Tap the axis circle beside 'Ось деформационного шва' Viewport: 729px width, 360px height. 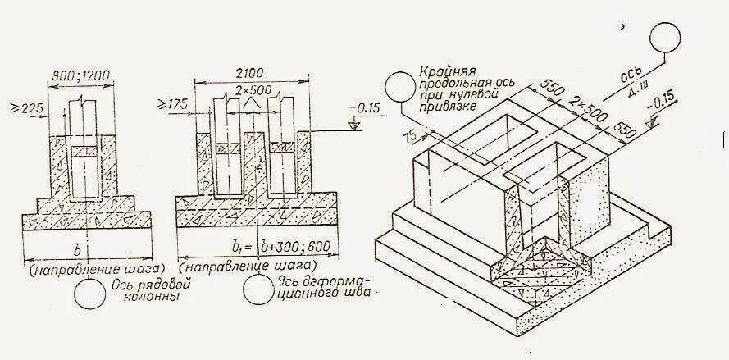point(258,291)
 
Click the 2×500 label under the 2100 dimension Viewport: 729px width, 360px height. point(253,89)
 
